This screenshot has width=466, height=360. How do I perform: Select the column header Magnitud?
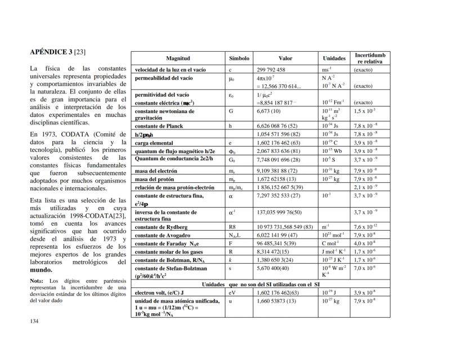pyautogui.click(x=178, y=58)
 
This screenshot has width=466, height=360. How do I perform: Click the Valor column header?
pyautogui.click(x=285, y=58)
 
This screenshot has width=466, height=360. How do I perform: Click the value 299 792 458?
pyautogui.click(x=271, y=70)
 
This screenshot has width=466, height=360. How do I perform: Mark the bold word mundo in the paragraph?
pyautogui.click(x=41, y=270)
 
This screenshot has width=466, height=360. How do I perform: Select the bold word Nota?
pyautogui.click(x=37, y=281)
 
